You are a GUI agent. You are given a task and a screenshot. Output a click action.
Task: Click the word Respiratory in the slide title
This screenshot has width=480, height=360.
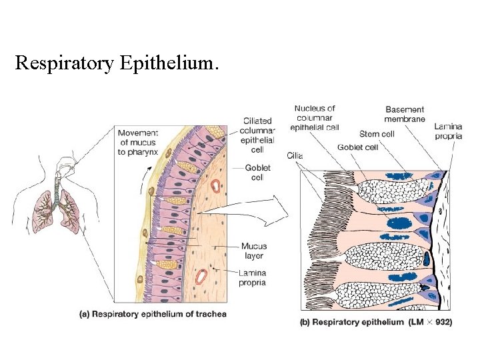pyautogui.click(x=65, y=64)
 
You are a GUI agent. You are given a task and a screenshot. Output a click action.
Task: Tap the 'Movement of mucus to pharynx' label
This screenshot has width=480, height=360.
pyautogui.click(x=138, y=142)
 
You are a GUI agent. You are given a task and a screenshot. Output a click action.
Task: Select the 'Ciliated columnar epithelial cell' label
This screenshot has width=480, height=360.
pyautogui.click(x=258, y=135)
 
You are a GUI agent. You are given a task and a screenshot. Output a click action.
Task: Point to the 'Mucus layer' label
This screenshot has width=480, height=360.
pyautogui.click(x=253, y=251)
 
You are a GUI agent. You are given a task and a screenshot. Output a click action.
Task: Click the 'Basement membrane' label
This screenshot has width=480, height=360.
pyautogui.click(x=405, y=114)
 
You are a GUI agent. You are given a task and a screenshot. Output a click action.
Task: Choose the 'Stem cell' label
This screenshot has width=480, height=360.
pyautogui.click(x=377, y=134)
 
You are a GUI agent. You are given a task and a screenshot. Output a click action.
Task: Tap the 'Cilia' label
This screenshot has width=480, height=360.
pyautogui.click(x=295, y=155)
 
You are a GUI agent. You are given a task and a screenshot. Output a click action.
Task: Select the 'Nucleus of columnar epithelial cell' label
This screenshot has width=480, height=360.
pyautogui.click(x=315, y=117)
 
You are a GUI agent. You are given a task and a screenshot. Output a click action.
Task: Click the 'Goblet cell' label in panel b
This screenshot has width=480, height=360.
pyautogui.click(x=359, y=147)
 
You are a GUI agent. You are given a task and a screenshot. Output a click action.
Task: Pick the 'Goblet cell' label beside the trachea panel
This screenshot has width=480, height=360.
pyautogui.click(x=257, y=173)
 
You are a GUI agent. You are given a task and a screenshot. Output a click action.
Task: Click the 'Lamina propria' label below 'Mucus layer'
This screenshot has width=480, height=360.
pyautogui.click(x=252, y=277)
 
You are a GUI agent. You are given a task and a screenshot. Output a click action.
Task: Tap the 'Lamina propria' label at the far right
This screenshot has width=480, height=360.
pyautogui.click(x=448, y=131)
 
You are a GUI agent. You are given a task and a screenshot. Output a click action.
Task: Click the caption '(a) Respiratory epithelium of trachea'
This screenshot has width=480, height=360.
pyautogui.click(x=153, y=314)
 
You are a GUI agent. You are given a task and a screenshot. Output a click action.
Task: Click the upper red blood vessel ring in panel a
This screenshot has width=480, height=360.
pyautogui.click(x=216, y=184)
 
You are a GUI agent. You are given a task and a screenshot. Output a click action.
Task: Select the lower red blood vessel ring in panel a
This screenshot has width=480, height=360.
pyautogui.click(x=201, y=274)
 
